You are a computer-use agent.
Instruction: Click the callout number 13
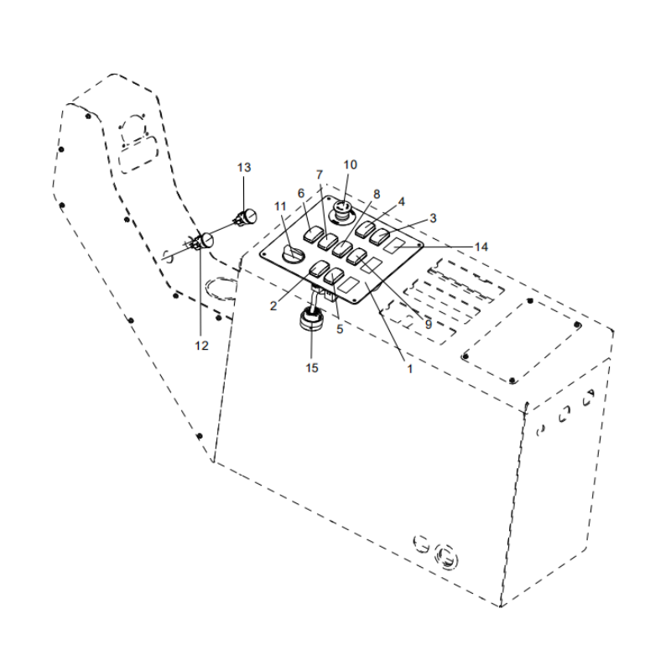click(x=243, y=168)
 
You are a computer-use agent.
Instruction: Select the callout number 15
click(x=312, y=367)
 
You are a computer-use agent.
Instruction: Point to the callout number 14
click(x=481, y=247)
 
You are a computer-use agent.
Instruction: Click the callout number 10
click(x=350, y=164)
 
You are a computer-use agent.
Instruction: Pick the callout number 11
click(x=281, y=206)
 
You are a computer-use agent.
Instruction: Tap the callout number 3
click(x=433, y=218)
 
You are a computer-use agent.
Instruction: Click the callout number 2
click(x=273, y=306)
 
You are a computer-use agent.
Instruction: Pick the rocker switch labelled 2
click(x=320, y=268)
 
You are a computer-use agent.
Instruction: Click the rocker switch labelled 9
click(x=357, y=255)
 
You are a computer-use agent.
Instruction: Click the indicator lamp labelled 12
click(x=204, y=242)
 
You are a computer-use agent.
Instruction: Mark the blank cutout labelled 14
click(x=395, y=245)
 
